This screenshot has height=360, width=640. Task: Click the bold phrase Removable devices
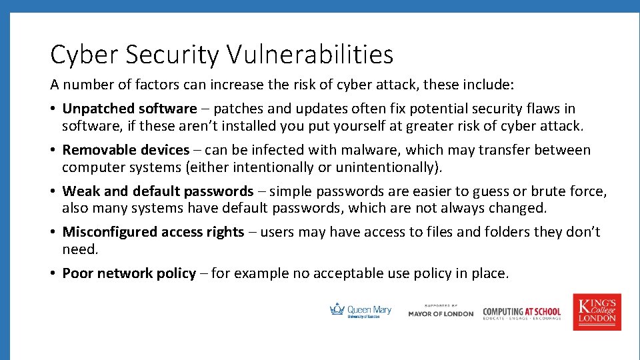coord(126,150)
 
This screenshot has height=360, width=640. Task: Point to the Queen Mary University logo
coord(361,311)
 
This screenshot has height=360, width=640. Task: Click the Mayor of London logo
coord(441,311)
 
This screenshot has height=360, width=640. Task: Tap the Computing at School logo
coord(521,312)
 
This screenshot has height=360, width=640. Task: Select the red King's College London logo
coord(597,311)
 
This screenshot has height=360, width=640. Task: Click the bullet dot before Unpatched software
coord(53,109)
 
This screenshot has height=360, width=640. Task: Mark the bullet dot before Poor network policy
coord(53,274)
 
